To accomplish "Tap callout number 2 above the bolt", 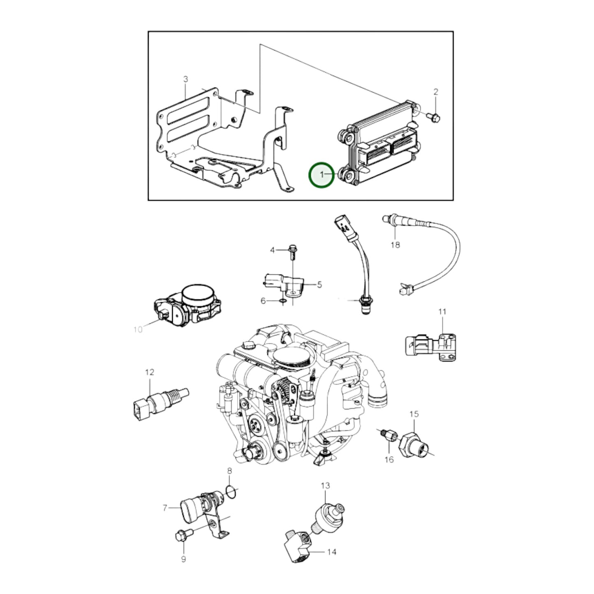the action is click(436, 92).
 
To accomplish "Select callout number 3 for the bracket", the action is click(185, 79).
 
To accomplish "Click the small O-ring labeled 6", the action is click(283, 301).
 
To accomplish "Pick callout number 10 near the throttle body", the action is click(138, 330).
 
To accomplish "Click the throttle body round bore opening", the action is click(198, 294).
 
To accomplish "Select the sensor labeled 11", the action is click(430, 347).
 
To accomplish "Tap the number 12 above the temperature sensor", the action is click(150, 372).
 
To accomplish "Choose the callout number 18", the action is click(395, 245).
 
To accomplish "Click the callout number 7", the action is click(165, 508).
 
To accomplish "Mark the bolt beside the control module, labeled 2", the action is click(434, 117).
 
